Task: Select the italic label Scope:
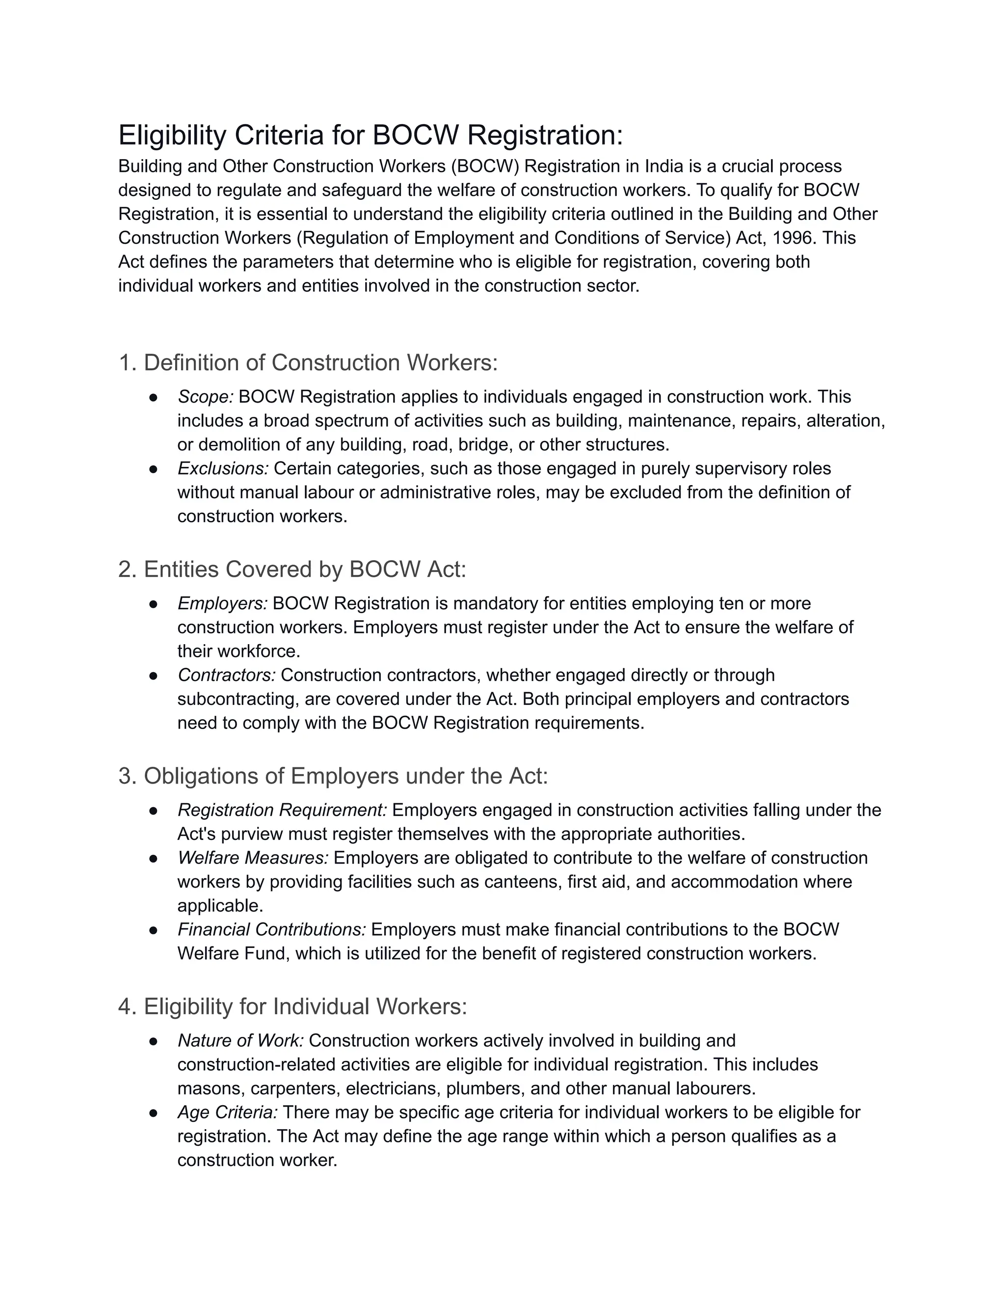pyautogui.click(x=206, y=397)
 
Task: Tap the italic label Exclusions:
pyautogui.click(x=223, y=468)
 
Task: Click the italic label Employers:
pyautogui.click(x=223, y=603)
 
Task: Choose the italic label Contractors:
pyautogui.click(x=227, y=675)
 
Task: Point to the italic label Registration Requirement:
pyautogui.click(x=282, y=810)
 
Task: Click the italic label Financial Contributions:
pyautogui.click(x=271, y=929)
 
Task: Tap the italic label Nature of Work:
pyautogui.click(x=240, y=1041)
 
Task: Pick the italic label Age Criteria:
pyautogui.click(x=227, y=1112)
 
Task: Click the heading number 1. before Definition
pyautogui.click(x=128, y=363)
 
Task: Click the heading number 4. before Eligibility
pyautogui.click(x=128, y=1007)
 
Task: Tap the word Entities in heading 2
pyautogui.click(x=181, y=569)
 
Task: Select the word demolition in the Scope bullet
pyautogui.click(x=242, y=444)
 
